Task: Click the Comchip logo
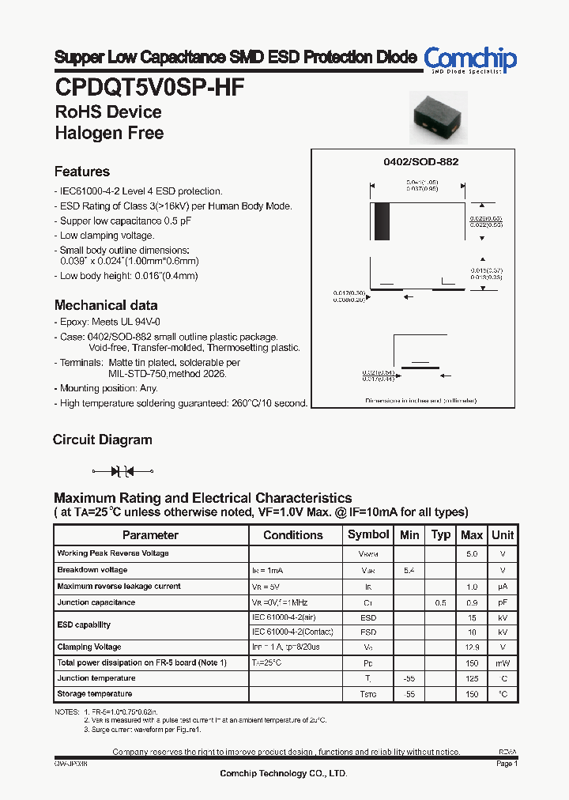point(470,60)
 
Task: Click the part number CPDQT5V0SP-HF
point(149,88)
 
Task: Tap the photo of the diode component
point(437,117)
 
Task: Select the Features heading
point(82,172)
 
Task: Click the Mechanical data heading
point(106,305)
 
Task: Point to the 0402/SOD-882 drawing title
point(420,161)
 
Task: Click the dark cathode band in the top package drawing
point(382,221)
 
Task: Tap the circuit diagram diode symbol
point(119,471)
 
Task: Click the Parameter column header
point(150,535)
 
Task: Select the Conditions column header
point(293,535)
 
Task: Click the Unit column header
point(503,535)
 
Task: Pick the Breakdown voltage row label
point(92,570)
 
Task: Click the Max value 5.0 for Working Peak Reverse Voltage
point(472,554)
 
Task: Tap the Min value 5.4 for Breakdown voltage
point(409,570)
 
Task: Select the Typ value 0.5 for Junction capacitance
point(440,602)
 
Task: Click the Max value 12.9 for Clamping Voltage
point(472,647)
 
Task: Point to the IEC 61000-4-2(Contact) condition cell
point(293,632)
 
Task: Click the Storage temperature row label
point(95,694)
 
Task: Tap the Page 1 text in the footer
point(507,764)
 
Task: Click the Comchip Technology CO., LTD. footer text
point(284,773)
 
